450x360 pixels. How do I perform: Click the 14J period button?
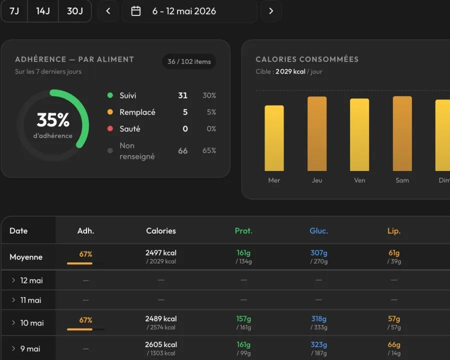point(43,11)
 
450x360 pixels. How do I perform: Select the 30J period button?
point(75,11)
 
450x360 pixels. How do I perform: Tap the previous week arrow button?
point(108,11)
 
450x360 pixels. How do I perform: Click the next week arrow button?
point(271,11)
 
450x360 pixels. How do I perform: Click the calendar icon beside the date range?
point(135,11)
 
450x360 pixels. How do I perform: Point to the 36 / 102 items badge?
point(189,61)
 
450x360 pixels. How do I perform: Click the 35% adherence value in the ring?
point(53,119)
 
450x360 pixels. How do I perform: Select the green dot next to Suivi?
point(110,95)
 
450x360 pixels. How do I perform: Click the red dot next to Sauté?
point(110,128)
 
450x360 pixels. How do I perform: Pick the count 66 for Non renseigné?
point(183,150)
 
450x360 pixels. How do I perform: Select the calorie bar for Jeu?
point(317,134)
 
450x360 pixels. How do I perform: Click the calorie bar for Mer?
point(274,138)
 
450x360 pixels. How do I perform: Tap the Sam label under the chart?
point(402,180)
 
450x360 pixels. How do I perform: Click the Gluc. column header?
point(318,231)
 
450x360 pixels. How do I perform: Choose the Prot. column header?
point(243,231)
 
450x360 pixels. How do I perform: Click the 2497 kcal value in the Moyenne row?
point(160,252)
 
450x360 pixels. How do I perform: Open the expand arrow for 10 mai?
point(13,322)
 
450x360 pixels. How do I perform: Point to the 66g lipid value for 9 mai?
point(394,344)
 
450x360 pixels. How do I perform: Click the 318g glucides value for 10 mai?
point(318,318)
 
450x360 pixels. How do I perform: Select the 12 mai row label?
point(31,280)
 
